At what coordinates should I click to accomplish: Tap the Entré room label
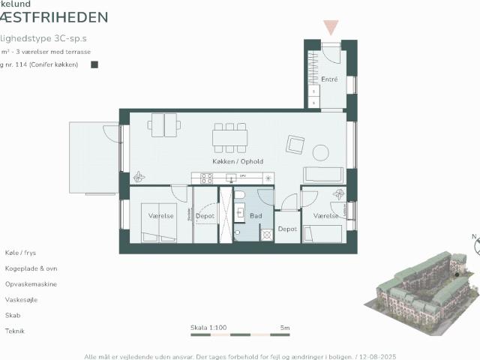point(329,79)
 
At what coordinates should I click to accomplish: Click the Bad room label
point(256,215)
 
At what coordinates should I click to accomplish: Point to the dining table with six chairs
point(230,137)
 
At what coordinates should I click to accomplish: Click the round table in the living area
point(321,153)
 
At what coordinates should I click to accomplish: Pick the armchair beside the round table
point(296,144)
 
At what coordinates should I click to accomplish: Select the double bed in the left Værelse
point(157,223)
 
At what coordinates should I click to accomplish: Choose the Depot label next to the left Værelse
point(205,216)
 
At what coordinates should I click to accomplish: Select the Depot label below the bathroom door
point(287,229)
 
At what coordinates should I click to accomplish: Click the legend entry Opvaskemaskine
point(31,284)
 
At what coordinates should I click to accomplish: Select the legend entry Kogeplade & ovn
point(31,268)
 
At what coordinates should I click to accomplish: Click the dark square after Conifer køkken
point(94,65)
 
